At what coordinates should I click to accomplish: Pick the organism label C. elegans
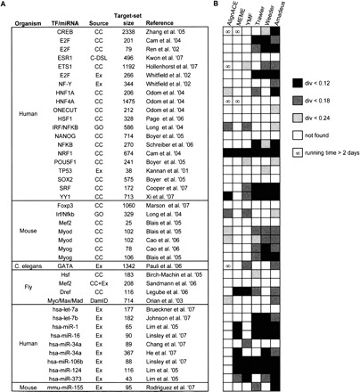pos(22,241)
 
